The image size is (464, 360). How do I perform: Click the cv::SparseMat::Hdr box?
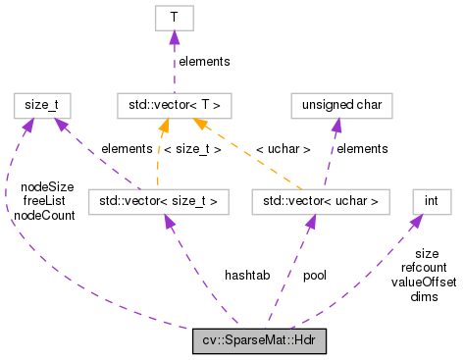259,341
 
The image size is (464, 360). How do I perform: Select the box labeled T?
174,18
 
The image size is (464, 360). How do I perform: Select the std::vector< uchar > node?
321,202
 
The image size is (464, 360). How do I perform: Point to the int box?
432,202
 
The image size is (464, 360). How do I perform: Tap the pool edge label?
315,276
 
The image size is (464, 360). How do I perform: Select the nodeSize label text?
47,186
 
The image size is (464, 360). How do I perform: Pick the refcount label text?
424,267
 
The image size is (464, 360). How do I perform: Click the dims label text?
424,295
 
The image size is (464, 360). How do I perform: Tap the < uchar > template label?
283,149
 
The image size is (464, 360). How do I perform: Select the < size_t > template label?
194,149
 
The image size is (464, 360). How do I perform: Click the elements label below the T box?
203,61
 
